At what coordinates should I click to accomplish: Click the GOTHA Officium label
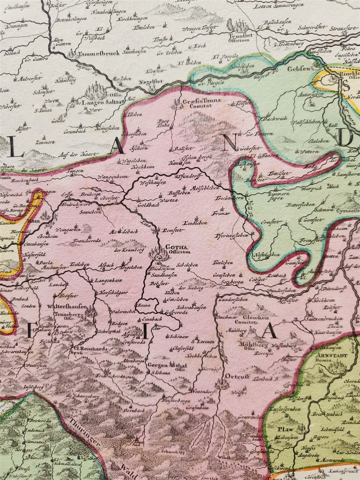point(178,249)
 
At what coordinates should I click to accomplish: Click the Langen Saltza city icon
point(96,90)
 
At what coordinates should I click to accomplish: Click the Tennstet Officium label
point(238,37)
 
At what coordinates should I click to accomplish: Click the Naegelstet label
point(151,81)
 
